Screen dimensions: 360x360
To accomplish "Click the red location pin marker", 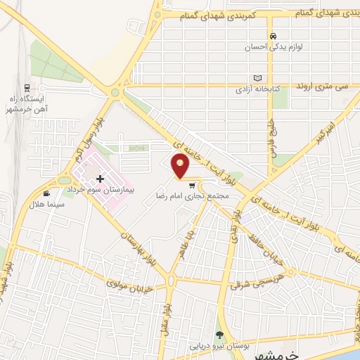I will (x=181, y=167).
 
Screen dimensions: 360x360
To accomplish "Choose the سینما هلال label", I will (x=46, y=204).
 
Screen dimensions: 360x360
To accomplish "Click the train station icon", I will (x=27, y=89).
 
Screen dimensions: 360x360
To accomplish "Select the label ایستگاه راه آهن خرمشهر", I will (x=27, y=104).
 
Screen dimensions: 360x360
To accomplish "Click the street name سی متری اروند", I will (x=323, y=85).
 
